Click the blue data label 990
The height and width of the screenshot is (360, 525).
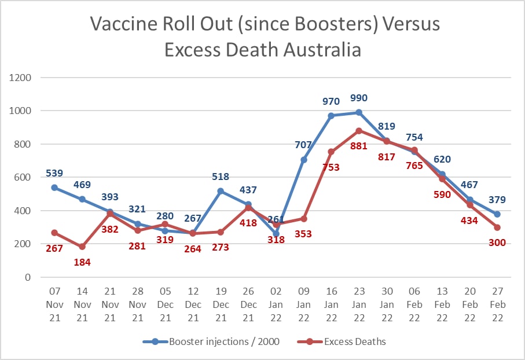click(x=358, y=98)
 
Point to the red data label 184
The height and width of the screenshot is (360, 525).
click(x=82, y=262)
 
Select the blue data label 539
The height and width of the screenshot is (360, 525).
click(x=54, y=172)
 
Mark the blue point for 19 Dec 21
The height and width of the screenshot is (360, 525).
click(x=221, y=190)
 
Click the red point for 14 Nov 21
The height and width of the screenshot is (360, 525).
click(x=82, y=247)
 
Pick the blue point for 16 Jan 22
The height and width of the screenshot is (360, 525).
click(x=331, y=115)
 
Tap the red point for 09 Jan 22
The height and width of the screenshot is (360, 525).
click(x=303, y=218)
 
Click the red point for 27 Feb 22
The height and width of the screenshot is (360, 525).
click(x=497, y=227)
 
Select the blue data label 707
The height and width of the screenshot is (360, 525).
click(x=303, y=145)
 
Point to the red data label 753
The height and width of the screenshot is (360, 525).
click(x=331, y=168)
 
